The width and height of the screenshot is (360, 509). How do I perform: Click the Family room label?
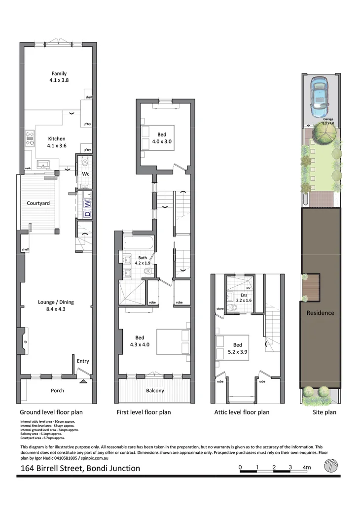[x=58, y=77]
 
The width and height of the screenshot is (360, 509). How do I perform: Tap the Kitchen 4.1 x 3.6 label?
[x=56, y=142]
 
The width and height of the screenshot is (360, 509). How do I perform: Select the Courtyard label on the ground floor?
[x=38, y=203]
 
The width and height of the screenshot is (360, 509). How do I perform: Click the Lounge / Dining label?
[x=56, y=306]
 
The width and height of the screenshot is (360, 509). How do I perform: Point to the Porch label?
[x=57, y=391]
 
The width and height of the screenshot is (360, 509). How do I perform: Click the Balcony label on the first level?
[x=155, y=391]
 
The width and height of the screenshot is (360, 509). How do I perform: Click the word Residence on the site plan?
[x=320, y=313]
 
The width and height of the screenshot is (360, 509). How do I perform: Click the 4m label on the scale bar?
[x=306, y=467]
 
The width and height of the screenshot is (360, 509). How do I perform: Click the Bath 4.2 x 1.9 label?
[x=142, y=261]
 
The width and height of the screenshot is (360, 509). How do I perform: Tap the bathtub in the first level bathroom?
[x=138, y=244]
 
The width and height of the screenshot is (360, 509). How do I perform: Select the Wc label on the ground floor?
[x=85, y=174]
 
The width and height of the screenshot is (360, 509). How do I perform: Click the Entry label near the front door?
[x=83, y=361]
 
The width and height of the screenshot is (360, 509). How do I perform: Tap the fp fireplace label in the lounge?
[x=26, y=341]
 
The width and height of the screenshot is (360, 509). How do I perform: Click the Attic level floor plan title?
[x=242, y=412]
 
